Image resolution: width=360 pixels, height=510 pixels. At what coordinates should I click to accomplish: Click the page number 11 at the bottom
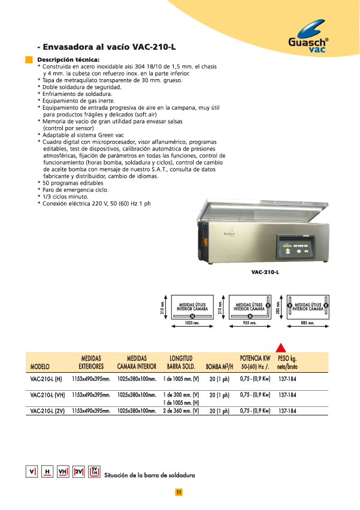pos(179,493)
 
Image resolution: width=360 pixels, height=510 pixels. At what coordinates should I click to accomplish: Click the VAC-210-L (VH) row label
pos(47,396)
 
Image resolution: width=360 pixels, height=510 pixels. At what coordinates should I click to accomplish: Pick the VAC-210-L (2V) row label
pos(47,411)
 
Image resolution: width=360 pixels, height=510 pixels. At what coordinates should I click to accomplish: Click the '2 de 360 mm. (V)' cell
pos(180,411)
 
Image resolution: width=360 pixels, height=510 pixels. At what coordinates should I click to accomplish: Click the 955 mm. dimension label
pos(249,322)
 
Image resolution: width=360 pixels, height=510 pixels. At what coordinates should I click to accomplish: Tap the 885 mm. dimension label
pos(307,322)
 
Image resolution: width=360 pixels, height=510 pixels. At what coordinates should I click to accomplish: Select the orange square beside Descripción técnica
pos(28,59)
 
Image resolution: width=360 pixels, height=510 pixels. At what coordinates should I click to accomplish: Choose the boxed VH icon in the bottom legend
pos(62,472)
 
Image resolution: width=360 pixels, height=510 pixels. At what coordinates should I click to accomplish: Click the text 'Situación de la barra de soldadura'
pos(149,475)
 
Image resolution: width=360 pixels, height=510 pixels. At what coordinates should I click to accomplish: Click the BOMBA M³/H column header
pos(219,366)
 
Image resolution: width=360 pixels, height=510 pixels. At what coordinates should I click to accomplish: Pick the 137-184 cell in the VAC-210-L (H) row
pos(288,379)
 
